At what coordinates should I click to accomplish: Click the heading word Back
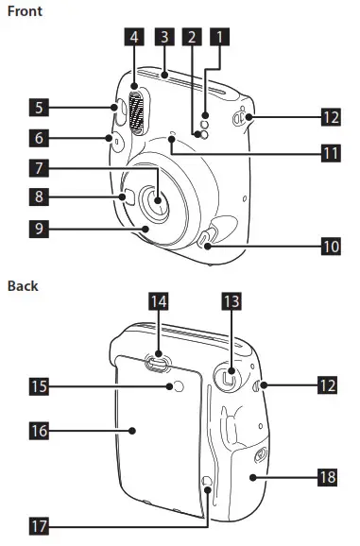[23, 284]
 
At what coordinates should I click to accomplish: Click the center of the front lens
[155, 199]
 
